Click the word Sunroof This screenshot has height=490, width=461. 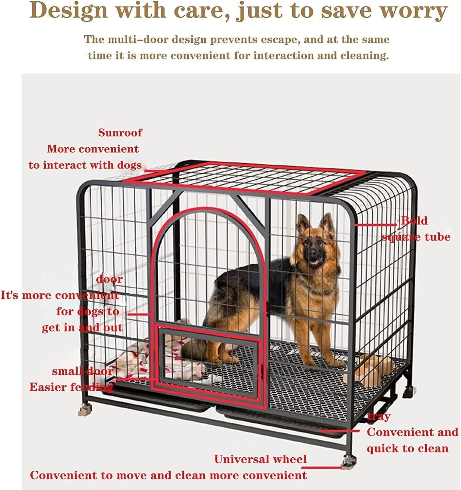pos(120,133)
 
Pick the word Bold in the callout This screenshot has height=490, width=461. pos(414,221)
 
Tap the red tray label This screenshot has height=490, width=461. pos(379,416)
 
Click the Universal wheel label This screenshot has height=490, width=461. pos(261,459)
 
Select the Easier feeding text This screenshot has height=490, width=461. pos(71,387)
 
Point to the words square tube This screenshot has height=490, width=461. pos(416,237)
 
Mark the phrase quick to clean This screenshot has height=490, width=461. pos(407,448)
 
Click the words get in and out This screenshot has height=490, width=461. pos(82,327)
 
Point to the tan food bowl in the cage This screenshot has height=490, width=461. pos(373,369)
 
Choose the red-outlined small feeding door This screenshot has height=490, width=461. pos(209,359)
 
